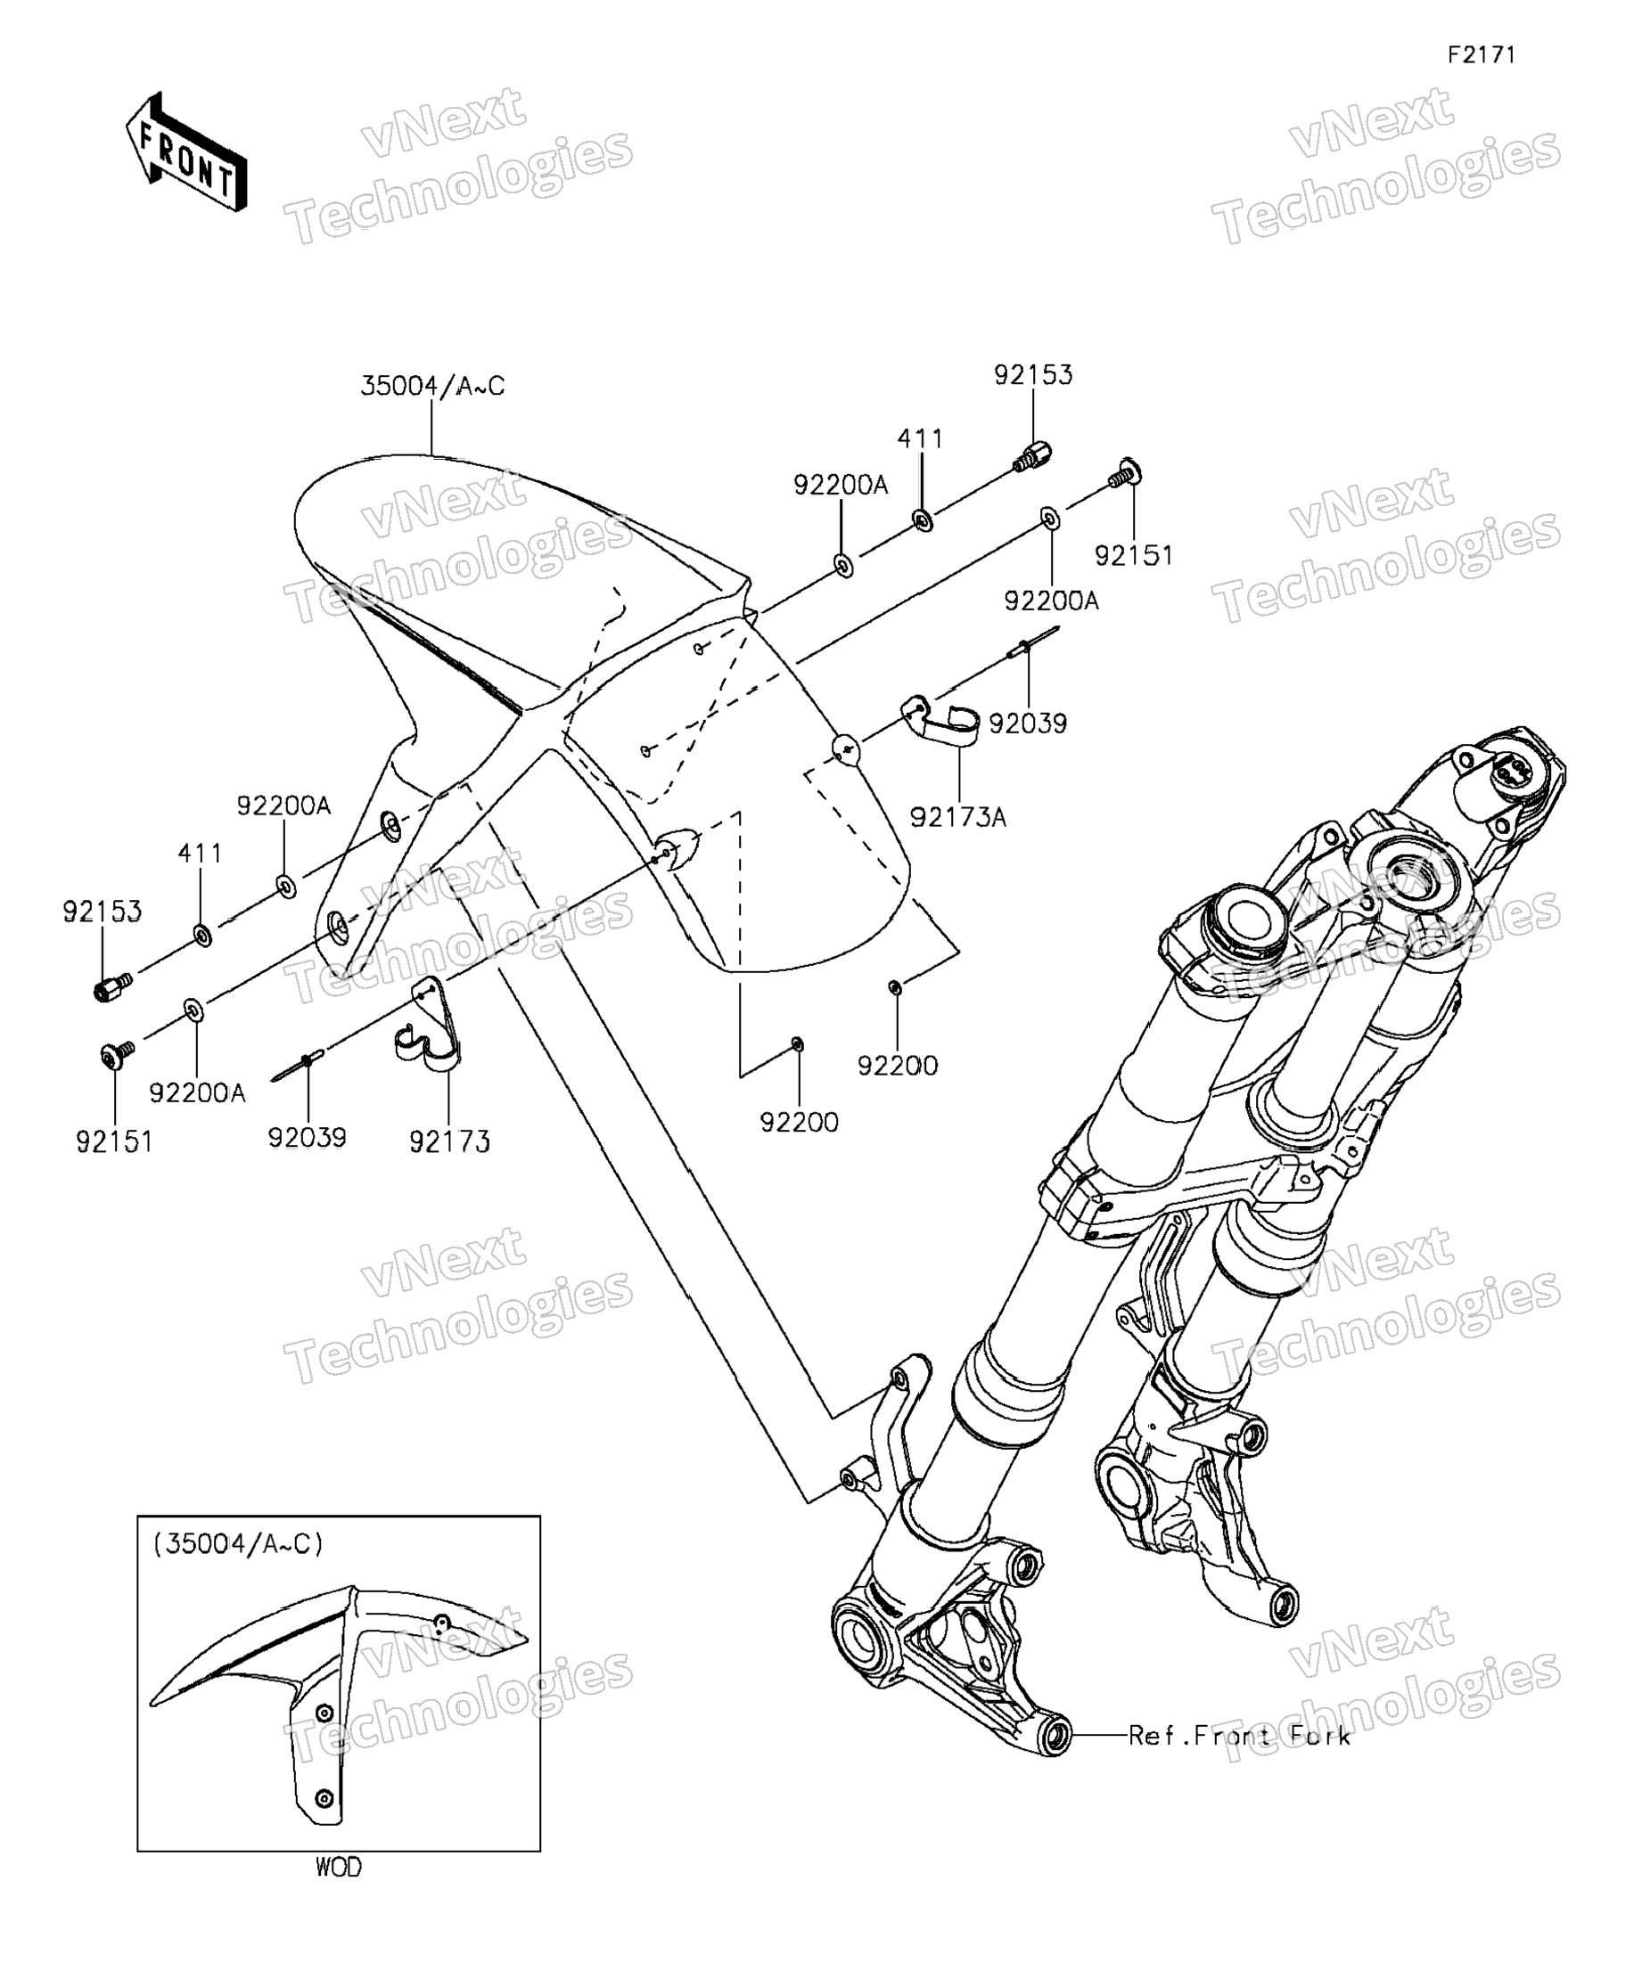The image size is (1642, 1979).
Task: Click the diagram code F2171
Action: pyautogui.click(x=1481, y=55)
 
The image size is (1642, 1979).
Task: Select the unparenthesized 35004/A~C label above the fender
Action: pyautogui.click(x=431, y=387)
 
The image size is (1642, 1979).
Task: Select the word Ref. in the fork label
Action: pyautogui.click(x=1154, y=1735)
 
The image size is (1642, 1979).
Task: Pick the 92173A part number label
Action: pyautogui.click(x=957, y=817)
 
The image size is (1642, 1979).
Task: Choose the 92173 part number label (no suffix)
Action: pyautogui.click(x=449, y=1141)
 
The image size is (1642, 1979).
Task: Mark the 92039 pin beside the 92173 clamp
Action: pyautogui.click(x=299, y=1066)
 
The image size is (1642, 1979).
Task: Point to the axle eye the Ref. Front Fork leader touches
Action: pyautogui.click(x=1055, y=1734)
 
